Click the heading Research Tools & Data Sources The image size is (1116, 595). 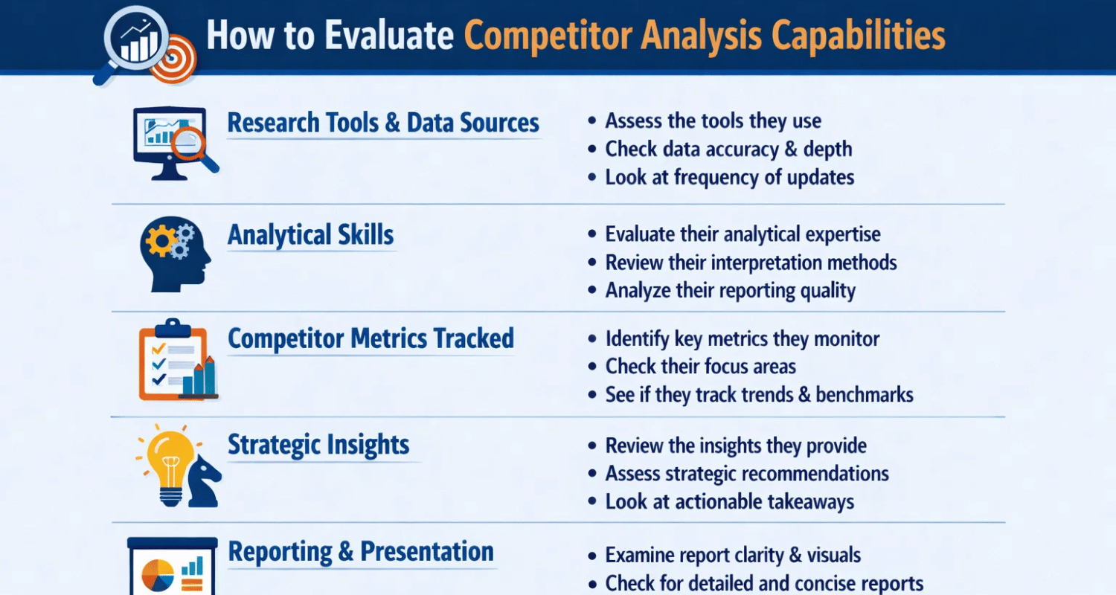tap(383, 123)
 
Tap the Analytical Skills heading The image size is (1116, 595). tap(310, 235)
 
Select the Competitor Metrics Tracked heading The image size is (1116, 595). tap(371, 338)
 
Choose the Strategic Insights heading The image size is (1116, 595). tap(318, 445)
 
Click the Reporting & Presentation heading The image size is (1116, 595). tap(361, 552)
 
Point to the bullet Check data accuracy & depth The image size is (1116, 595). tap(728, 149)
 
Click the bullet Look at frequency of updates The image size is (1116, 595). tap(729, 177)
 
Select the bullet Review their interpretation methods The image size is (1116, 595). tap(751, 263)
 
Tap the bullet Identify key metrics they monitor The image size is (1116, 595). tap(742, 339)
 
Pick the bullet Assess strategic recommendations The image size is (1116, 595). tap(747, 473)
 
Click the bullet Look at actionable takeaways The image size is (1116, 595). tap(729, 501)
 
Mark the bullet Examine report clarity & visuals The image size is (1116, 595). tap(733, 555)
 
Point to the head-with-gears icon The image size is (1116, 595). tap(174, 254)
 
